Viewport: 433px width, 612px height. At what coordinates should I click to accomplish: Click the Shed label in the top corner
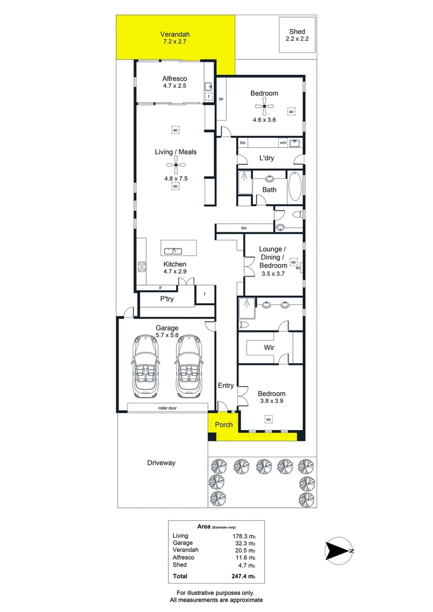pyautogui.click(x=297, y=31)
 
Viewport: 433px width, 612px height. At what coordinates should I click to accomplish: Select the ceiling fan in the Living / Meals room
pyautogui.click(x=175, y=167)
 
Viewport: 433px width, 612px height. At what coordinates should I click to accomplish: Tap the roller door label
pyautogui.click(x=168, y=407)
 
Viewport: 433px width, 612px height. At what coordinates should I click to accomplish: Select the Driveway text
pyautogui.click(x=161, y=463)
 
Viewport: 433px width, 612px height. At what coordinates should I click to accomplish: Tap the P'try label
pyautogui.click(x=167, y=299)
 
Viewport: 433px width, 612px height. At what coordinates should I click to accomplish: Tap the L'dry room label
pyautogui.click(x=266, y=158)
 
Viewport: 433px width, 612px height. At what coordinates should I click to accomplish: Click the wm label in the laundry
pyautogui.click(x=282, y=143)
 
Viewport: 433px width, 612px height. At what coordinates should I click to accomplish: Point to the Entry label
pyautogui.click(x=226, y=386)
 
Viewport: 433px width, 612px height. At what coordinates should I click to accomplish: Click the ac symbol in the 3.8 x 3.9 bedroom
pyautogui.click(x=269, y=419)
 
